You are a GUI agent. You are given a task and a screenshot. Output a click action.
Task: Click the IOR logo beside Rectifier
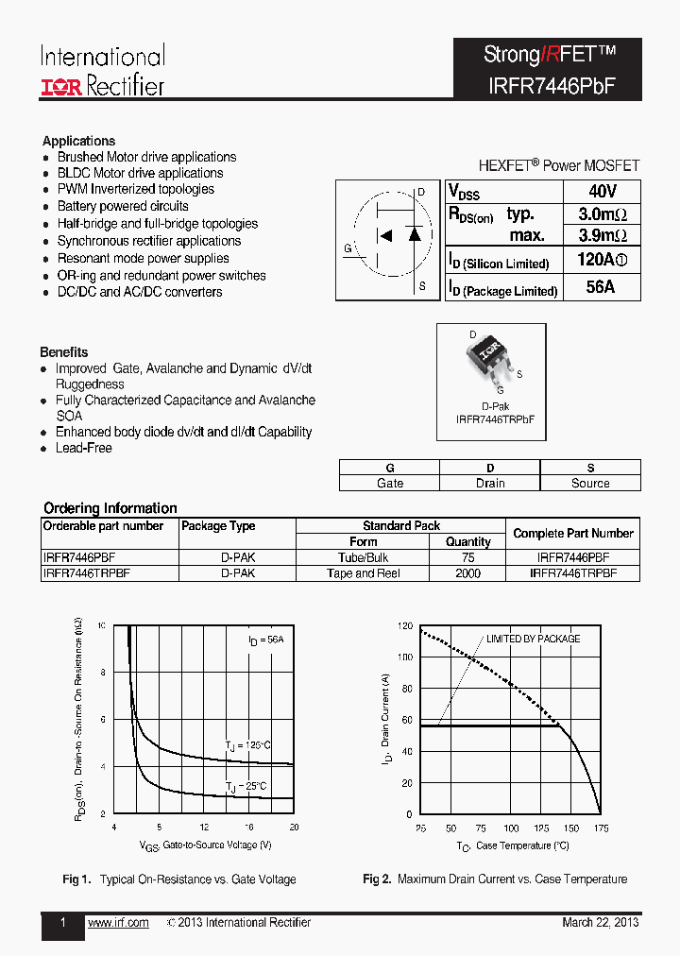pyautogui.click(x=62, y=87)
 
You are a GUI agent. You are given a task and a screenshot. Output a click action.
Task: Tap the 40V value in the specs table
pyautogui.click(x=602, y=191)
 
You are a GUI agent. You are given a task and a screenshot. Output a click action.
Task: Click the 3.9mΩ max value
pyautogui.click(x=602, y=235)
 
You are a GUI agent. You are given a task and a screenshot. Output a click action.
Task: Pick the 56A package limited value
pyautogui.click(x=601, y=287)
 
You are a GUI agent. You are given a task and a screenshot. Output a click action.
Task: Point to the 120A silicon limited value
pyautogui.click(x=602, y=261)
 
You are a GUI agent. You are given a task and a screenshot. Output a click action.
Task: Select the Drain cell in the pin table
pyautogui.click(x=489, y=483)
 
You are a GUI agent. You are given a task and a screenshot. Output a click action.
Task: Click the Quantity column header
pyautogui.click(x=467, y=542)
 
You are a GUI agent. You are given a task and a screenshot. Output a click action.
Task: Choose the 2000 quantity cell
pyautogui.click(x=467, y=573)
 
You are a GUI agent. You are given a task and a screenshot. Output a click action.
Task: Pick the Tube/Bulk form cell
pyautogui.click(x=363, y=557)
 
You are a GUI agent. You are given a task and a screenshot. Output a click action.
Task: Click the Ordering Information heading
pyautogui.click(x=110, y=508)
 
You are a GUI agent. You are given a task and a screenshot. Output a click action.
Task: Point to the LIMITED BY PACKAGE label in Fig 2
pyautogui.click(x=533, y=640)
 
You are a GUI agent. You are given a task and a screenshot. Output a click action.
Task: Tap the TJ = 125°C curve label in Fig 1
pyautogui.click(x=248, y=745)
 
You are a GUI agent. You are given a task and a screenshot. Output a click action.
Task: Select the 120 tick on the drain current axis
pyautogui.click(x=404, y=626)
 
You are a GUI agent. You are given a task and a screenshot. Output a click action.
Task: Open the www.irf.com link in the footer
pyautogui.click(x=118, y=923)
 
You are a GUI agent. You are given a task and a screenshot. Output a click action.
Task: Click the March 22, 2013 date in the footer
pyautogui.click(x=601, y=923)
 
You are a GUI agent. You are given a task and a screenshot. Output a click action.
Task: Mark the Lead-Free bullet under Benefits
pyautogui.click(x=83, y=448)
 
